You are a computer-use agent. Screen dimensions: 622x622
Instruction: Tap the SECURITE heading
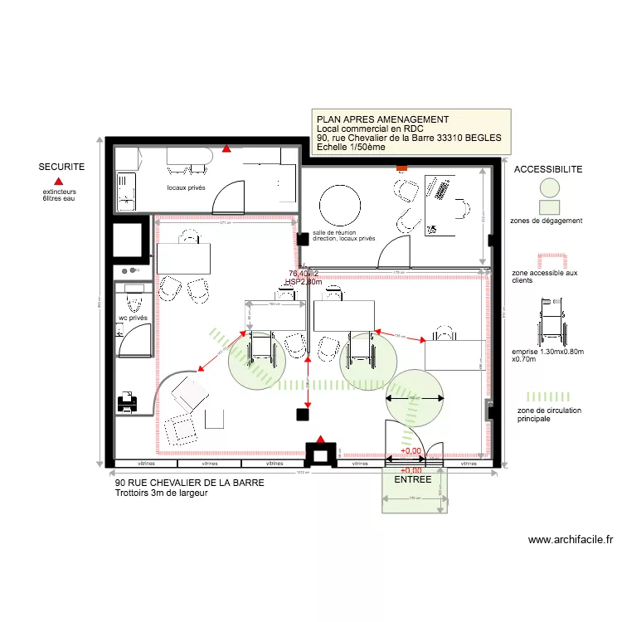(61, 167)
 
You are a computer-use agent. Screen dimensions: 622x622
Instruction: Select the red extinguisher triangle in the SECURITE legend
(58, 181)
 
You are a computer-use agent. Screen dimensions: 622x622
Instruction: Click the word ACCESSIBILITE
(548, 169)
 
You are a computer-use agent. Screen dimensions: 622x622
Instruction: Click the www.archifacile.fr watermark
(571, 540)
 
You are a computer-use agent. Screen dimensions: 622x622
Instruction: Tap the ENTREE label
(412, 479)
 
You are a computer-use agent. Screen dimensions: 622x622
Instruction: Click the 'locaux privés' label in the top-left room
(187, 188)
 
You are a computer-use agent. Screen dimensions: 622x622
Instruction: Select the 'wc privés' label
(133, 318)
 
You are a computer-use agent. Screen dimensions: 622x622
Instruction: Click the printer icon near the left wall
(127, 403)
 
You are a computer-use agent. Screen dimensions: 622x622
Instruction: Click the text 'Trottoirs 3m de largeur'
(161, 493)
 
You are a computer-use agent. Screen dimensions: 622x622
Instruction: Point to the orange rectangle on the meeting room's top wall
(401, 168)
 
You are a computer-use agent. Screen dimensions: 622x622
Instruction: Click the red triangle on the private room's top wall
(226, 150)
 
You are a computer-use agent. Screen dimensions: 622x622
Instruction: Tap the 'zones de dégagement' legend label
(547, 221)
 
